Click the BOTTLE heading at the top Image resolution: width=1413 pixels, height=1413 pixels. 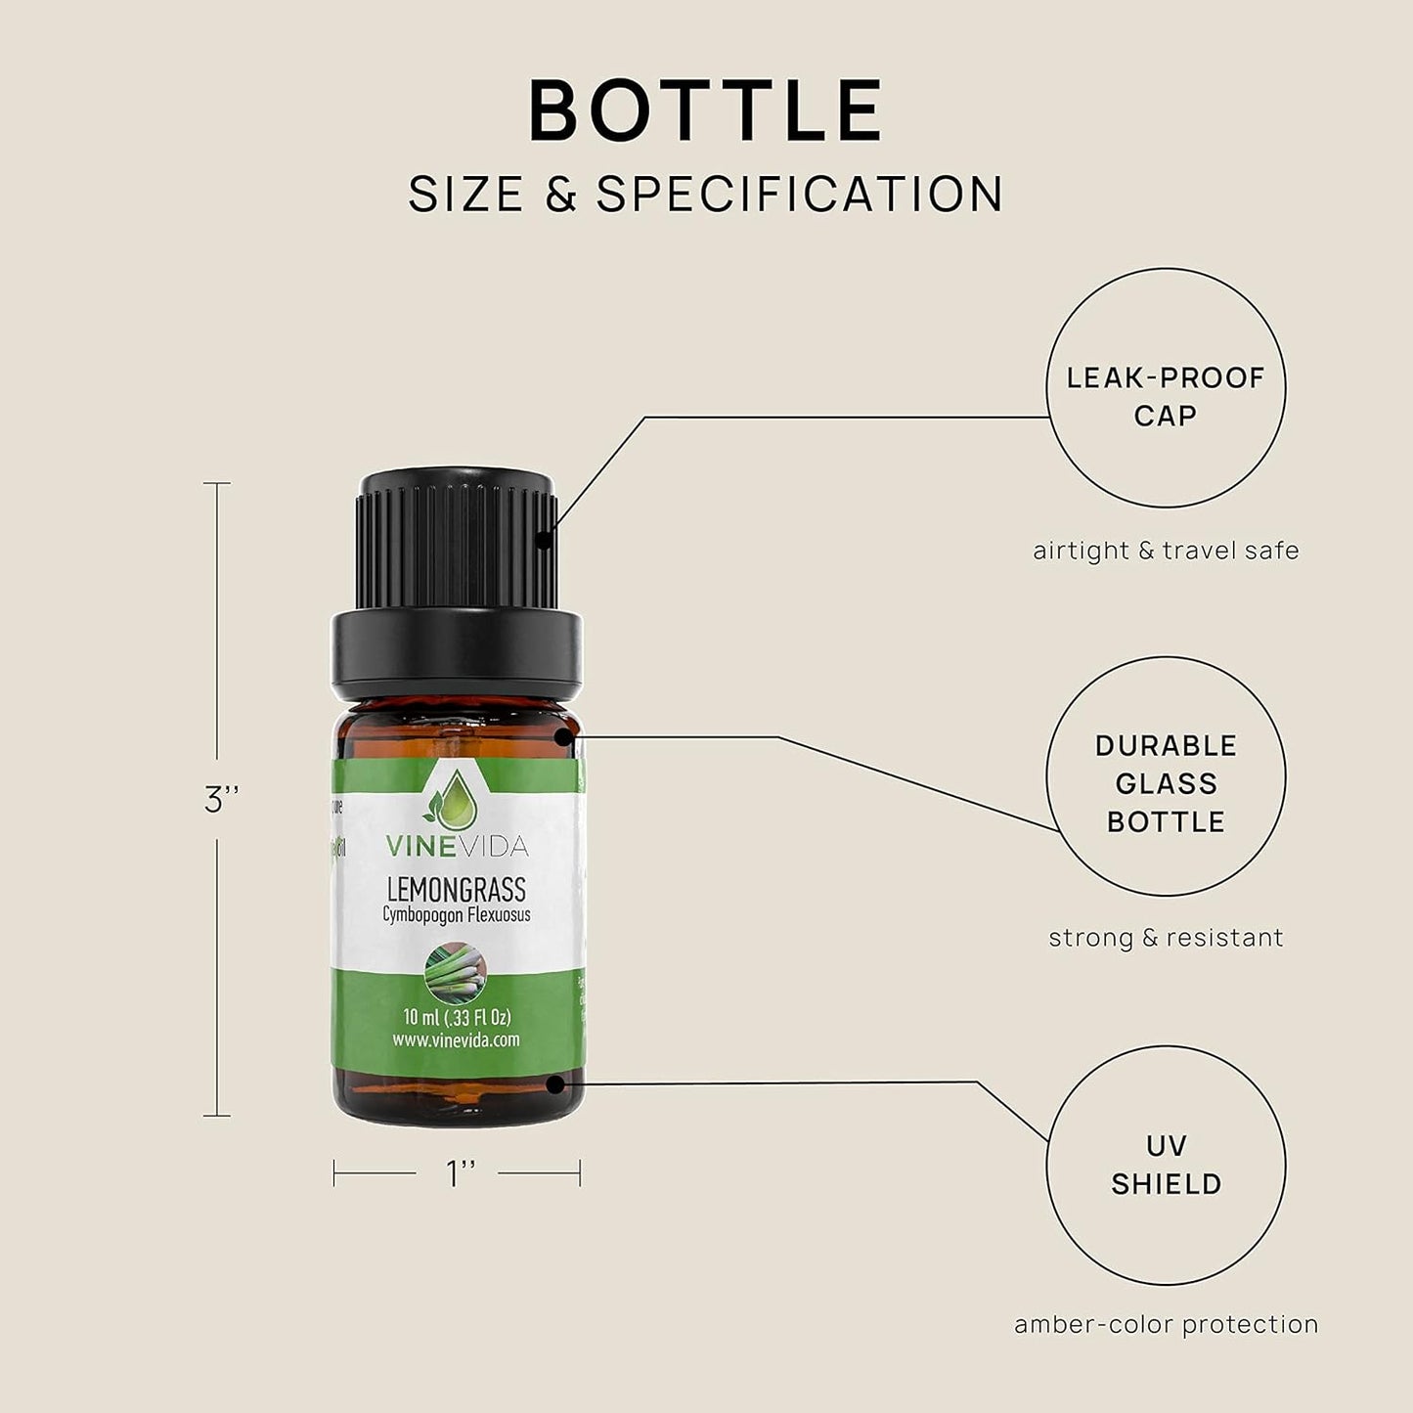coord(706,110)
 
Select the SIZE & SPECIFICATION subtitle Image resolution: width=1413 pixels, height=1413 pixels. coord(706,194)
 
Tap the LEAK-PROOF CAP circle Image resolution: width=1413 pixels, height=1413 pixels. coord(1166,388)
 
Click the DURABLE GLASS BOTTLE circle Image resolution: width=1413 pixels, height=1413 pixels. coord(1166,776)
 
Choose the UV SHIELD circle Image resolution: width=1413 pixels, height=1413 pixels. coord(1166,1165)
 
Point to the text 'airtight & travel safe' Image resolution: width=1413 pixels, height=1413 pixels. coord(1166,551)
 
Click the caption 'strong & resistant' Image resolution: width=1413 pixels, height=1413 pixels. coord(1166,938)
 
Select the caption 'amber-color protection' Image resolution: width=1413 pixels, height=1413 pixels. coord(1166,1325)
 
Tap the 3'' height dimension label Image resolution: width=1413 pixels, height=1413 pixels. coord(222,800)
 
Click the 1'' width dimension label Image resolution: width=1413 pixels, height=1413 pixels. coord(461,1173)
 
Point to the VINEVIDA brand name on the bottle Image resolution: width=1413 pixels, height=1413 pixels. coord(456,846)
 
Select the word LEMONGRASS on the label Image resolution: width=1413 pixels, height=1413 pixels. coord(456,889)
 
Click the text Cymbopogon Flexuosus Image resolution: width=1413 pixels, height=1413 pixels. coord(456,915)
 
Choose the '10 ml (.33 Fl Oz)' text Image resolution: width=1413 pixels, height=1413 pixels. coord(457,1017)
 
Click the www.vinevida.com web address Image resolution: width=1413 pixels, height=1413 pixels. coord(456,1040)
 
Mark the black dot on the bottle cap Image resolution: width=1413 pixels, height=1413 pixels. coord(544,538)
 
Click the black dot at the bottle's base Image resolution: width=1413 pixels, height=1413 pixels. coord(554,1084)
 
